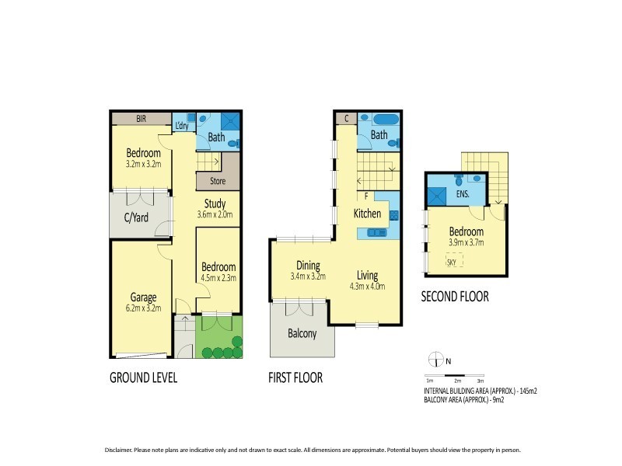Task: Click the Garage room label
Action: [138, 297]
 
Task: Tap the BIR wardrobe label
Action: [142, 119]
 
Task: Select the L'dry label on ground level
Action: [182, 126]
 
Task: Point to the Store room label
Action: [217, 181]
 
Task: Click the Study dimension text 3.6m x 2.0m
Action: [214, 215]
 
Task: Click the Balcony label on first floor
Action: [301, 334]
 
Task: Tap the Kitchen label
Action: [368, 214]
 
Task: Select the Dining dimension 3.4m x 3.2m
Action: [307, 276]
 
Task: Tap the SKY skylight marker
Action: [452, 263]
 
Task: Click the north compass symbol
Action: [435, 359]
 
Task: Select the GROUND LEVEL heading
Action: [143, 379]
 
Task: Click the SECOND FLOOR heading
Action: [455, 297]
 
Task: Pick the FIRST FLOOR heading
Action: [295, 379]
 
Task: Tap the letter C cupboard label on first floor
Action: [346, 119]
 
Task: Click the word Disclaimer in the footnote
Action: [118, 450]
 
